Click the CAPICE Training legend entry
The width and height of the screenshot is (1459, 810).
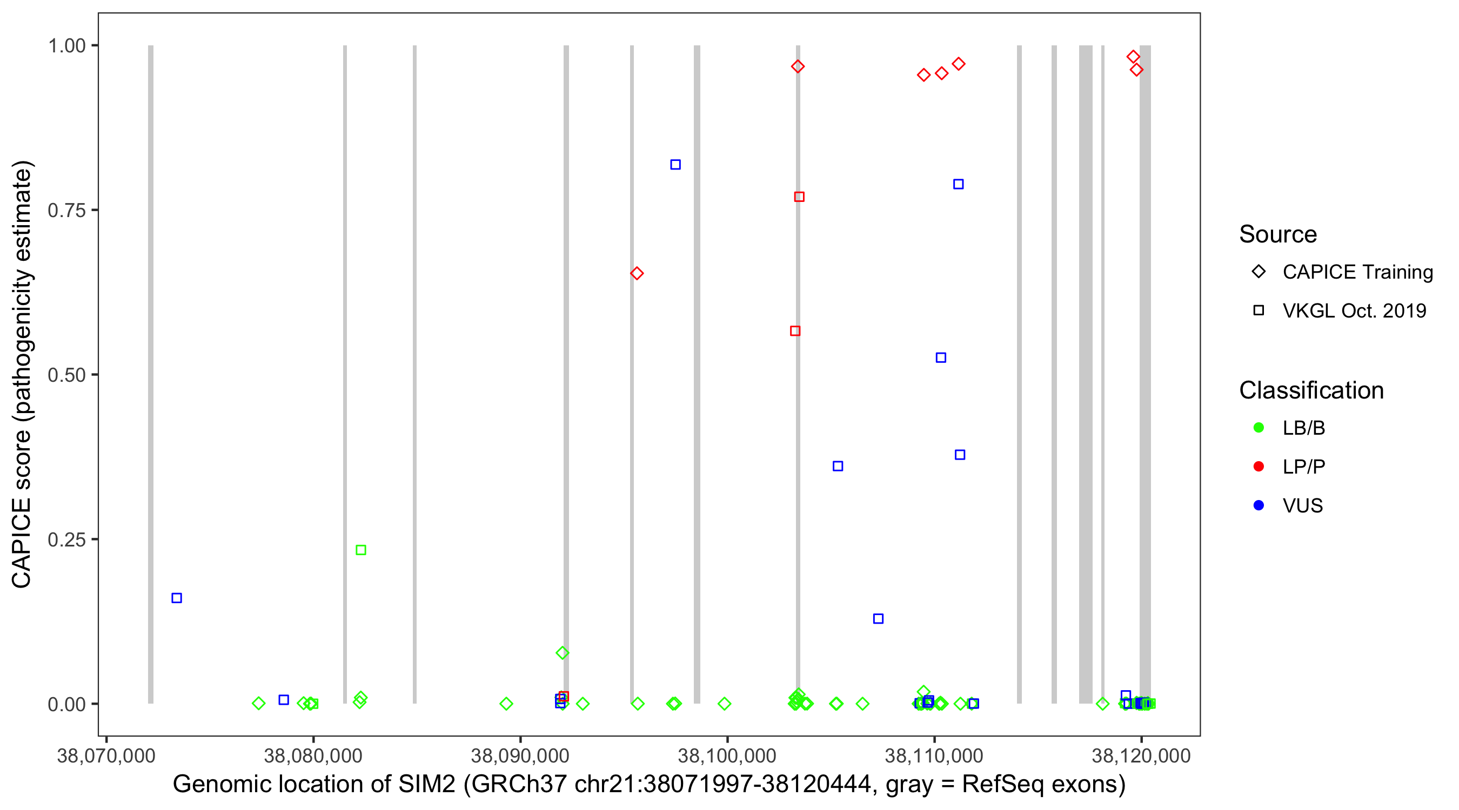click(1357, 272)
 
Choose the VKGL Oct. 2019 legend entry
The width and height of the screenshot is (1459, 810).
click(1354, 310)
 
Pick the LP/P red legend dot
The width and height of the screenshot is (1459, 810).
click(1259, 467)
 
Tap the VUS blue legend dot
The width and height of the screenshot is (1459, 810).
click(1259, 505)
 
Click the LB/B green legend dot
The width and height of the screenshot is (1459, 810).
click(1259, 428)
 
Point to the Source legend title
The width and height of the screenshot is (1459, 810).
click(1278, 234)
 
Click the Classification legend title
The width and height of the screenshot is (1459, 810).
click(1311, 390)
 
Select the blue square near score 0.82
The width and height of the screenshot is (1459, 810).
click(675, 165)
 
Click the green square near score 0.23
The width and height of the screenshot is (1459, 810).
click(361, 550)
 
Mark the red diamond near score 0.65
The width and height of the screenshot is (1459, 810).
click(637, 273)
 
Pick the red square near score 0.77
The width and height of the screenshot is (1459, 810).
click(799, 197)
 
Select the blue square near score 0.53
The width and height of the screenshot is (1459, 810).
click(941, 357)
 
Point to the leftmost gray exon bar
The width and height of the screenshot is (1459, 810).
click(151, 374)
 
